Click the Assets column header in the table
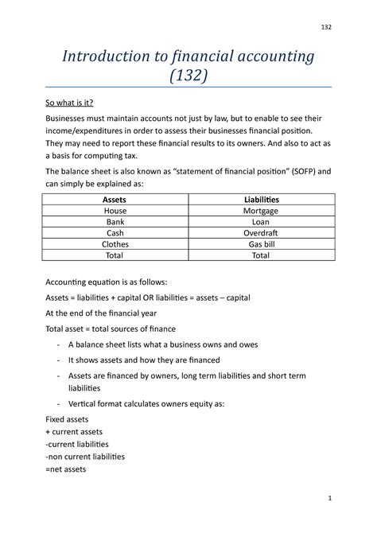115,198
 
